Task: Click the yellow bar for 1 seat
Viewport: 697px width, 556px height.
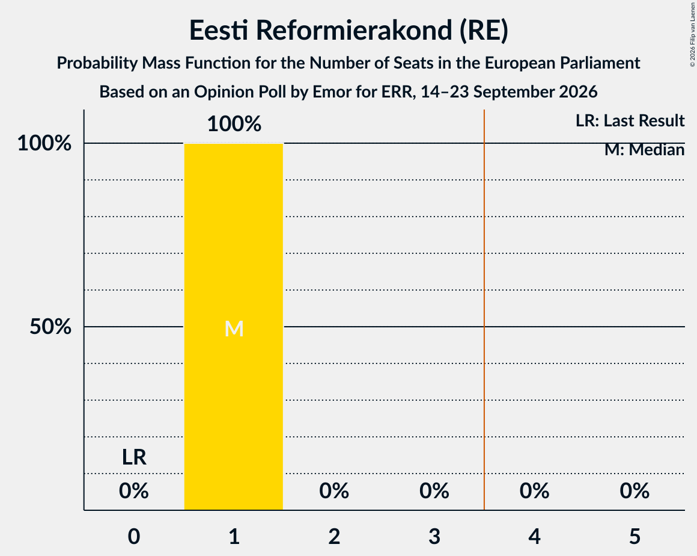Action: [234, 326]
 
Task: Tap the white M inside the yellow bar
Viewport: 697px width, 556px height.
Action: [234, 329]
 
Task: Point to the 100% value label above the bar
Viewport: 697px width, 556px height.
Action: [234, 124]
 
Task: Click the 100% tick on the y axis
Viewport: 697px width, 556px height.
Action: [44, 143]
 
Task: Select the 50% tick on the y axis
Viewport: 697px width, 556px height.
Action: [50, 327]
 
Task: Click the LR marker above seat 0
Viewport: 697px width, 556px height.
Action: [134, 457]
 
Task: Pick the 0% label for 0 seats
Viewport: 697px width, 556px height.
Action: [134, 491]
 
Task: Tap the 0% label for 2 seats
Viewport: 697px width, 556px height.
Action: [334, 491]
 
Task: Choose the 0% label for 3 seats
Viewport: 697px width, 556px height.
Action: [434, 491]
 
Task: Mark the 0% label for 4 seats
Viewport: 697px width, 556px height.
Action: [535, 491]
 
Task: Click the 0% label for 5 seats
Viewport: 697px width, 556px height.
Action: [635, 491]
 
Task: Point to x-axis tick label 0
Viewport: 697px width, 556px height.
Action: [134, 536]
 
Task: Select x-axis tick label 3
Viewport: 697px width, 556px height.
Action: [434, 536]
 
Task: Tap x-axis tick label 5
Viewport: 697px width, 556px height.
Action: [635, 536]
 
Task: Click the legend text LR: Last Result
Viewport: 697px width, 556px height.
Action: [630, 120]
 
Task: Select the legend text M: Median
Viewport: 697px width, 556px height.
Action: [645, 150]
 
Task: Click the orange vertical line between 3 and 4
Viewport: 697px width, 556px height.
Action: [484, 310]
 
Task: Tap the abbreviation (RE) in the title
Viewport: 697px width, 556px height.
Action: [484, 30]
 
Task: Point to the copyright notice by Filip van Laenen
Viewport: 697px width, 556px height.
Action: [692, 34]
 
